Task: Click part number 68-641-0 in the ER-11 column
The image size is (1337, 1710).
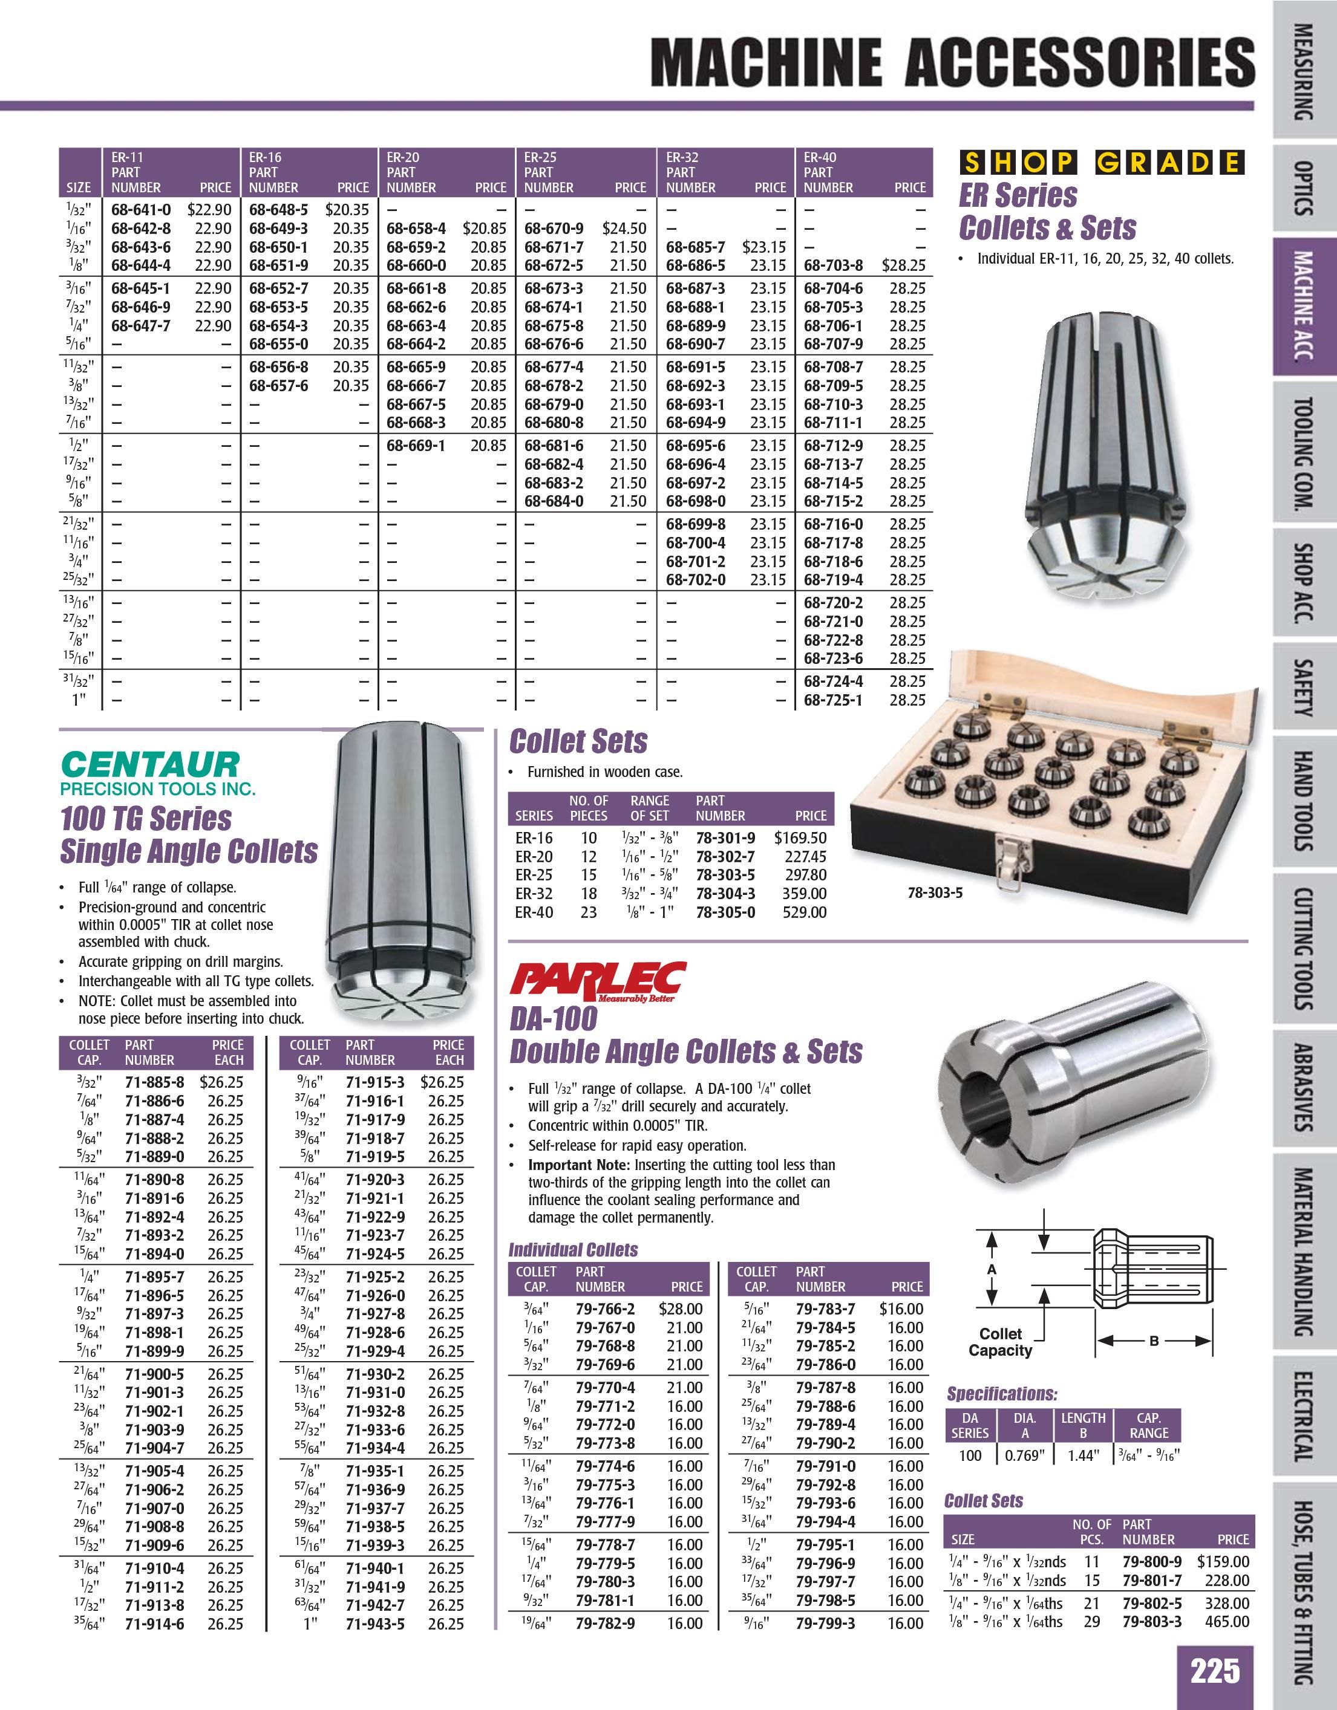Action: coord(141,210)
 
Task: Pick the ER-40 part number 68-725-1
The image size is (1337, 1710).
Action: coord(834,700)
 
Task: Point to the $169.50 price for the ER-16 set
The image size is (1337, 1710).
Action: coord(800,838)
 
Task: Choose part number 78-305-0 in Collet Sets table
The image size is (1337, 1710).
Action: coord(725,912)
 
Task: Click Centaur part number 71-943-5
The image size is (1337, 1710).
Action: coord(375,1625)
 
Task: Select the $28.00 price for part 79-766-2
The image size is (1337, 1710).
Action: coord(681,1309)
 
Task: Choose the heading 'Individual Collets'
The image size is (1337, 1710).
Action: coord(574,1250)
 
